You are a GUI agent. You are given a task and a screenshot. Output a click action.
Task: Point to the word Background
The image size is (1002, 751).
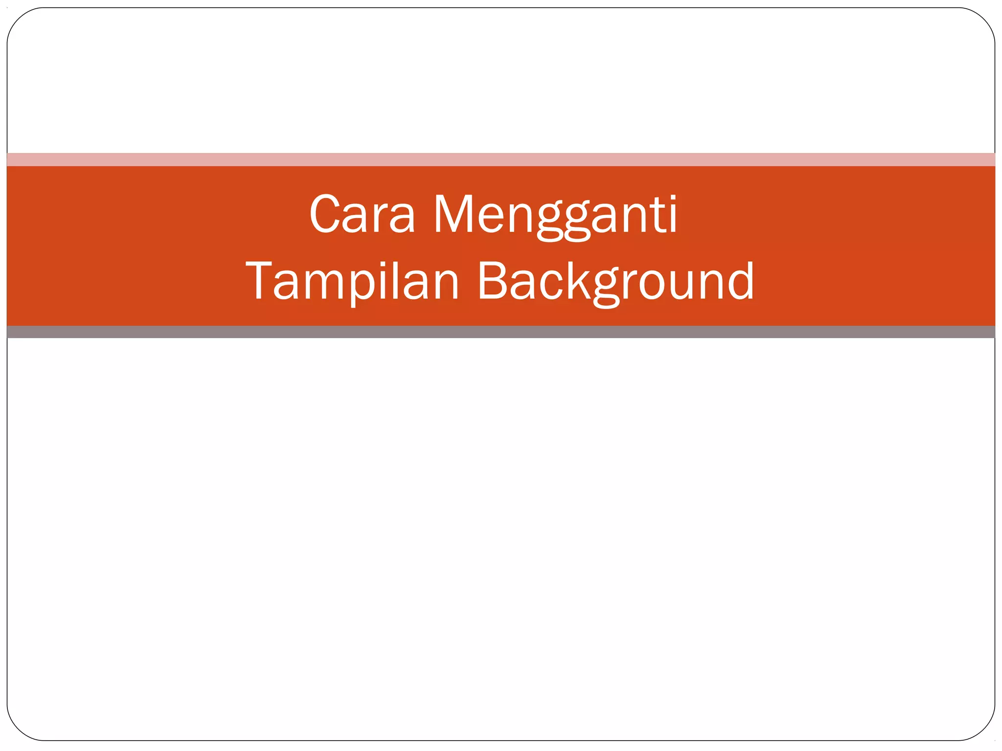coord(615,281)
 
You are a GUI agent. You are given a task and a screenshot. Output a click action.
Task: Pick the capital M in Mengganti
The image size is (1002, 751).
coord(453,214)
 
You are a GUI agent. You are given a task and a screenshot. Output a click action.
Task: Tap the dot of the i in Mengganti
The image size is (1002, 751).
coord(673,197)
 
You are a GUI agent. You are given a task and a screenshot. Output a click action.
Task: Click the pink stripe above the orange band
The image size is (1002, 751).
coord(501,159)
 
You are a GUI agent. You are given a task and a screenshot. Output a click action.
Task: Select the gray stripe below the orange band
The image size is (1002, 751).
coord(501,332)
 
